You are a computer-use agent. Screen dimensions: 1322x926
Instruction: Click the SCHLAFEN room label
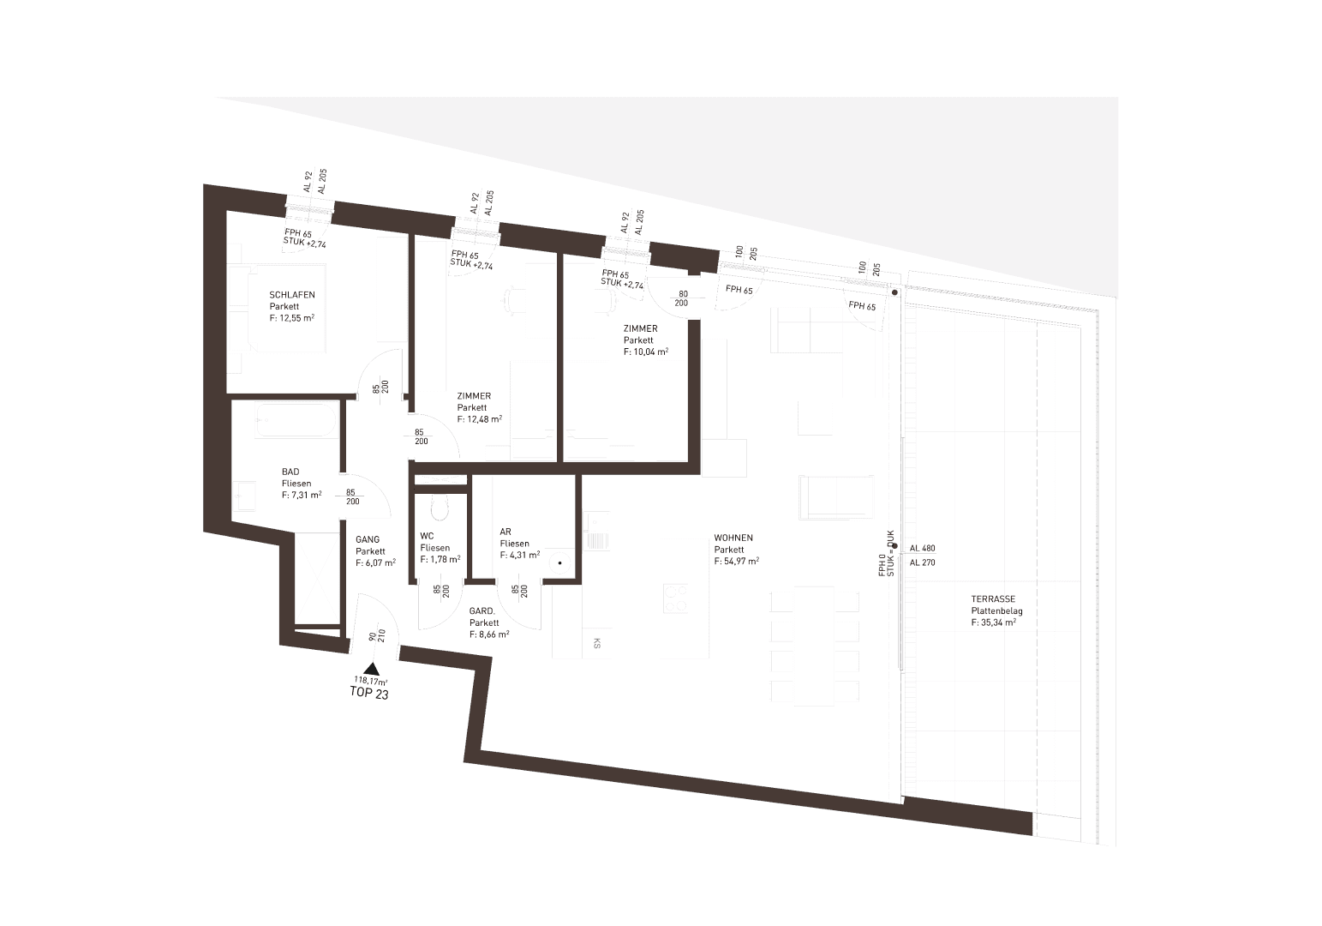292,295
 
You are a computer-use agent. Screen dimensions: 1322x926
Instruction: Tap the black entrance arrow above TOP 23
371,669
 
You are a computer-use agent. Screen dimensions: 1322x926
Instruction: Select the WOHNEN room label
733,538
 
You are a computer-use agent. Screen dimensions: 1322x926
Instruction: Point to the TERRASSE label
993,598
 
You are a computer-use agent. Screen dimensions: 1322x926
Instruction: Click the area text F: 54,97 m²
737,561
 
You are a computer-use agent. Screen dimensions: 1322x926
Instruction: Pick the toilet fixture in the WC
440,507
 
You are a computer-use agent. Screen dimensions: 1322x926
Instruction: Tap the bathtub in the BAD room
296,420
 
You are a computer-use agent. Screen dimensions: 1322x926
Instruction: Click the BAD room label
290,472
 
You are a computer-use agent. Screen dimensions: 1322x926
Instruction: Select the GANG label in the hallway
368,539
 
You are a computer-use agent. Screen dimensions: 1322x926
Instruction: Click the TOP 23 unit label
369,693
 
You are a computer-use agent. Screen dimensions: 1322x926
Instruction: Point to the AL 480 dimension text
923,548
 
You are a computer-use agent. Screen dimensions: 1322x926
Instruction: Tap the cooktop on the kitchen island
675,598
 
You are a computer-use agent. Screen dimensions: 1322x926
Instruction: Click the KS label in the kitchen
596,644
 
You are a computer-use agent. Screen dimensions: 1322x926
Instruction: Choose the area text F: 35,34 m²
994,622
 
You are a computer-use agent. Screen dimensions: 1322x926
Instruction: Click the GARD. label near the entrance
482,610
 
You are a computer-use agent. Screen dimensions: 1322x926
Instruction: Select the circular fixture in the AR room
560,562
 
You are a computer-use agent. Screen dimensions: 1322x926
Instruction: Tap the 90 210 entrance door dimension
376,636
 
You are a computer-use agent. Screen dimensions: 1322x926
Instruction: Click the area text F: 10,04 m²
646,352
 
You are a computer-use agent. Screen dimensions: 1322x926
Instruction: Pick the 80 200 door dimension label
682,298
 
